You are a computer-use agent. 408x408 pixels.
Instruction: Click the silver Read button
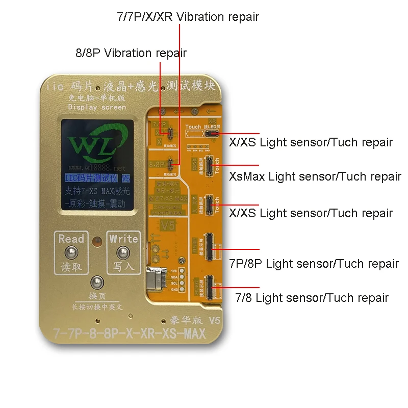tap(71, 253)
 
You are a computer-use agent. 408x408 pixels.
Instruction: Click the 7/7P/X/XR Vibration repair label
tap(188, 17)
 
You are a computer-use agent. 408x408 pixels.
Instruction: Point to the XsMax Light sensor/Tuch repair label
tap(315, 176)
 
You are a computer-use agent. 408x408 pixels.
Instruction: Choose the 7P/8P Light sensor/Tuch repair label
tap(314, 263)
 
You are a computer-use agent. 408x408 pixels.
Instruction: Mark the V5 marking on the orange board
tap(166, 224)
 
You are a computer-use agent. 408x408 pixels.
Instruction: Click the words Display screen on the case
tap(97, 107)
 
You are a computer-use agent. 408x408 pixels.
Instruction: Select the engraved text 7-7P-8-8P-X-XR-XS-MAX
tap(129, 334)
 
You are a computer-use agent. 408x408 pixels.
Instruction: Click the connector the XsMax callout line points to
tap(209, 166)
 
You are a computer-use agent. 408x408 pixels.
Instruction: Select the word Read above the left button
tap(71, 238)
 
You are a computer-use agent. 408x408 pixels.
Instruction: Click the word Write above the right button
tap(123, 238)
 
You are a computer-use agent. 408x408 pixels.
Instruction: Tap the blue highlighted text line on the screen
tap(97, 178)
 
